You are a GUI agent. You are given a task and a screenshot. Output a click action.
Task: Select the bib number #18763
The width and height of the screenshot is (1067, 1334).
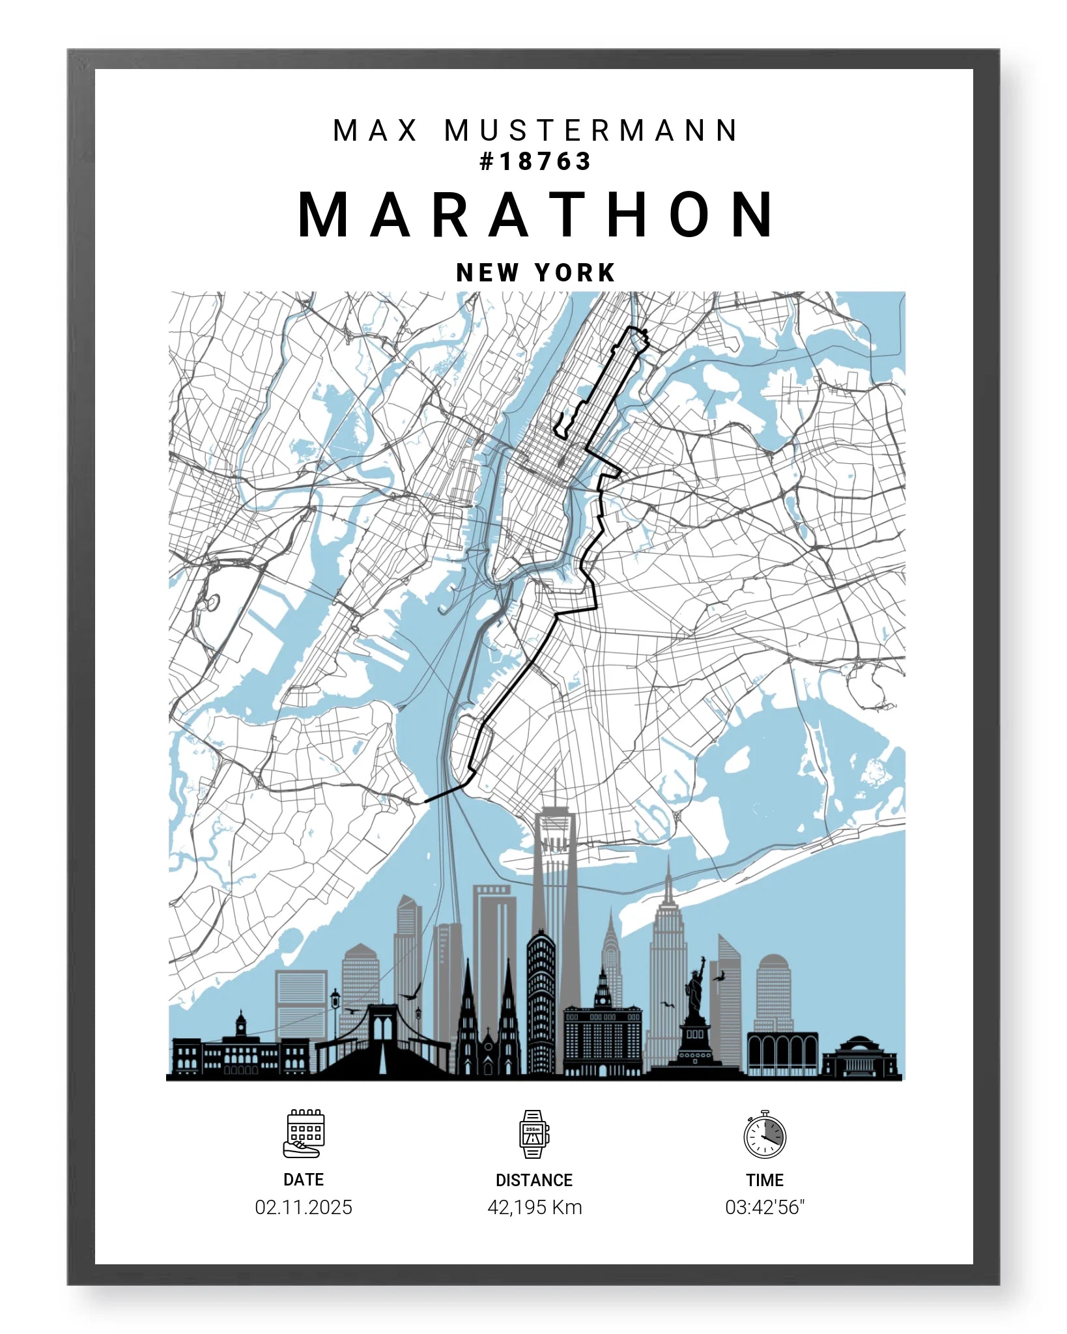tap(535, 162)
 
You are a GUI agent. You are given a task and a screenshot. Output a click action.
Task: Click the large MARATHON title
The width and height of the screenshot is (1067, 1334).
tap(536, 215)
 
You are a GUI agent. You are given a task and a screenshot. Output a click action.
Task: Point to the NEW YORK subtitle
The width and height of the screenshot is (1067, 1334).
tap(535, 272)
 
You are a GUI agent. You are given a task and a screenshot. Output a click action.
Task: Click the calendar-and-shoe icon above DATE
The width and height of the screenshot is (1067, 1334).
tap(304, 1134)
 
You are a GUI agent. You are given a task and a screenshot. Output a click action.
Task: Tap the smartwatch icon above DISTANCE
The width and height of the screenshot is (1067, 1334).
tap(533, 1134)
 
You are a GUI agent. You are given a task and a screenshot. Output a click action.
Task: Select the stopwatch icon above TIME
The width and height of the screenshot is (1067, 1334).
tap(765, 1134)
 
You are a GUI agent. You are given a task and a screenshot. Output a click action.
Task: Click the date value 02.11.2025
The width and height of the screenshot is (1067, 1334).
tap(304, 1207)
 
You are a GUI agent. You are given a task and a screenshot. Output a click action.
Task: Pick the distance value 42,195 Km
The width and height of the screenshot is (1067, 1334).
tap(534, 1207)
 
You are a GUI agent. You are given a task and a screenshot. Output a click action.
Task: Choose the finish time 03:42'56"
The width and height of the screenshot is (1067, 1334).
tap(765, 1207)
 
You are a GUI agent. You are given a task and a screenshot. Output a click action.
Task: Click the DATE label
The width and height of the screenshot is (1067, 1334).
tap(304, 1180)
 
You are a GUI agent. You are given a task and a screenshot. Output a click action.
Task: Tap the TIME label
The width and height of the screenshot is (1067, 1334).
tap(765, 1180)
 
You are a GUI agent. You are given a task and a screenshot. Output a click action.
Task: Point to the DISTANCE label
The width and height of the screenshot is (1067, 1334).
tap(534, 1180)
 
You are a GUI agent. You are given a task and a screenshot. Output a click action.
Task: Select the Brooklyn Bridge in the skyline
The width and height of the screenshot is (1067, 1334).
tap(383, 1042)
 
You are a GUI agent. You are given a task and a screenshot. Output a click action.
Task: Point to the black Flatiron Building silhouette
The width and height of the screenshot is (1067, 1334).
tap(541, 1003)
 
